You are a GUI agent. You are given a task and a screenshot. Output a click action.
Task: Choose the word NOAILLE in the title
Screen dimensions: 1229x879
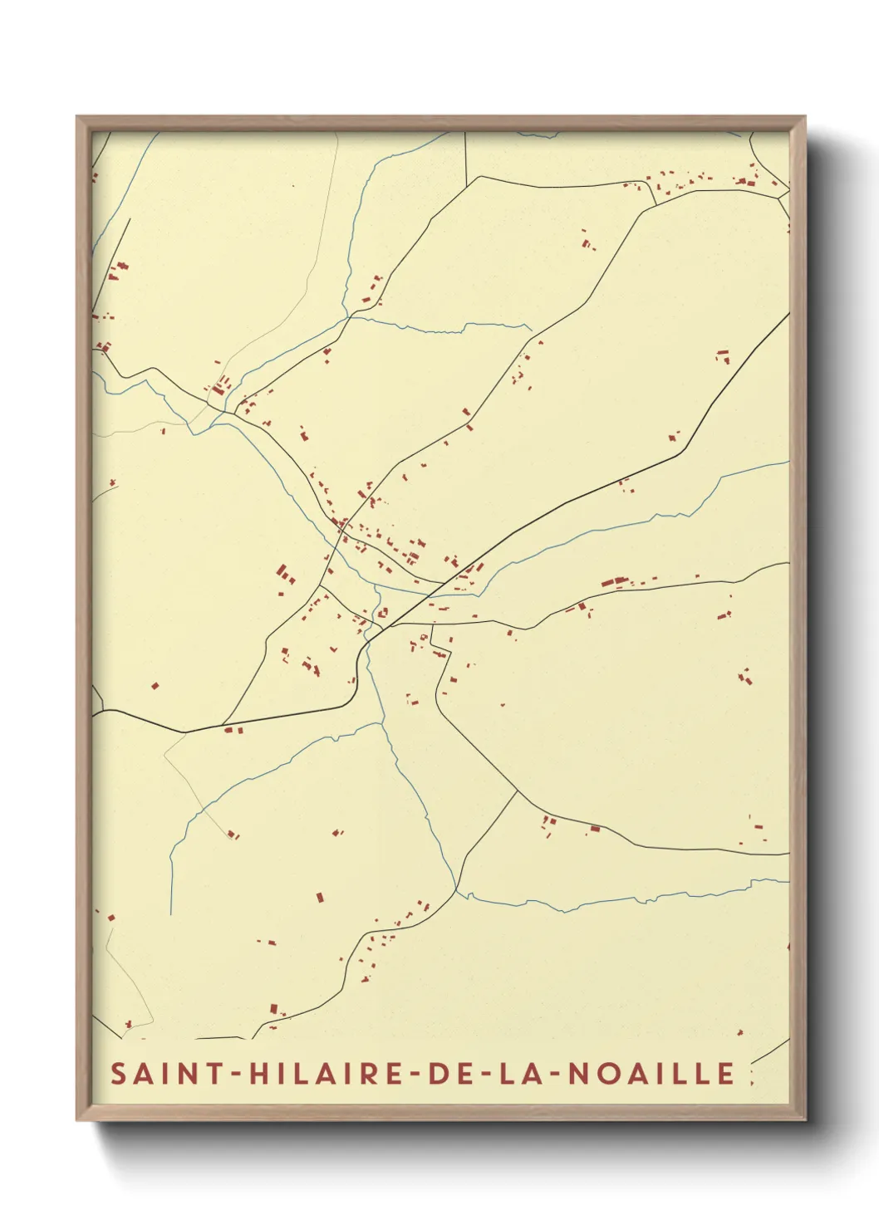point(652,1073)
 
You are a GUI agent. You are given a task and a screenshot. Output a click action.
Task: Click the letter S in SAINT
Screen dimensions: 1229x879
point(119,1073)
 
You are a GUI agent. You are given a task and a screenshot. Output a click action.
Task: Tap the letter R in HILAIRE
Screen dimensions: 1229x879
point(369,1073)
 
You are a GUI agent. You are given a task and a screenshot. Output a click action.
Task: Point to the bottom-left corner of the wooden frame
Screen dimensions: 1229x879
point(77,1120)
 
